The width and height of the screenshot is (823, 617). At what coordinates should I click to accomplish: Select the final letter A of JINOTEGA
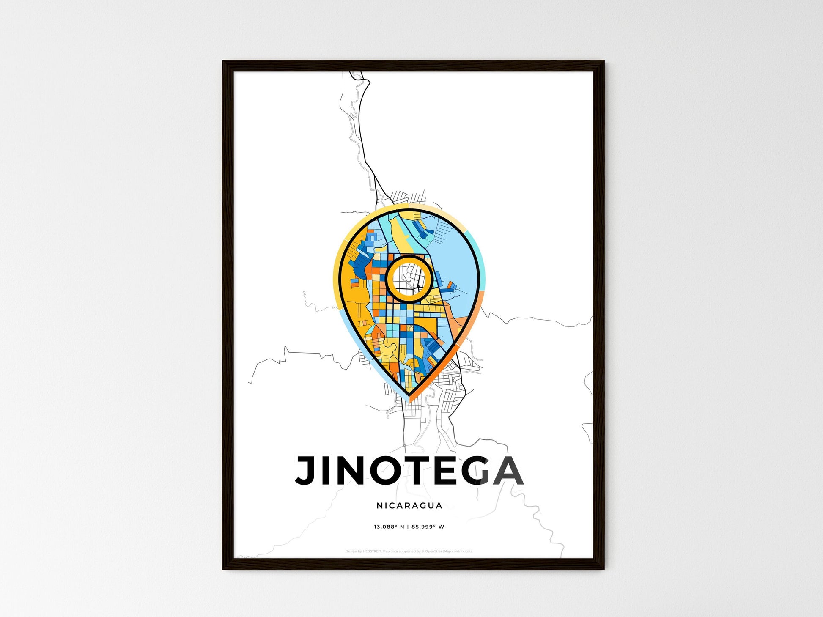pos(507,470)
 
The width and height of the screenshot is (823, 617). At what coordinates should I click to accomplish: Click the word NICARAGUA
pos(409,505)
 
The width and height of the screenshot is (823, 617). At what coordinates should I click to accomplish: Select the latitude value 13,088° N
pos(388,527)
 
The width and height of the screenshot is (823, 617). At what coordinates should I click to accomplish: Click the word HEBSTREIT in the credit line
pos(372,551)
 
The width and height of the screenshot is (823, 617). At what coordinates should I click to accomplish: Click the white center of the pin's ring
pos(409,279)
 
